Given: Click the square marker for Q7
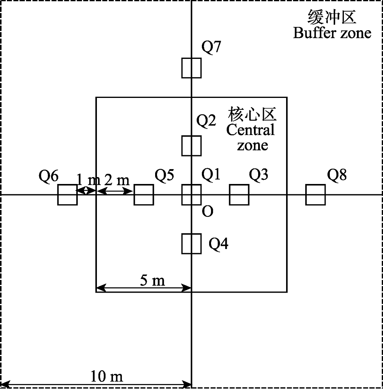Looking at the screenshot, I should pos(191,68).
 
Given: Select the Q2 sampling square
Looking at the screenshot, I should pos(191,146).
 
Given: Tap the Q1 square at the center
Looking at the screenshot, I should pos(191,195).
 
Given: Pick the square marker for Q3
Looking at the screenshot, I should pos(239,195).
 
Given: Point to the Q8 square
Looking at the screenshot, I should pos(316,195).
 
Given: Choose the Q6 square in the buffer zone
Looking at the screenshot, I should pos(67,195).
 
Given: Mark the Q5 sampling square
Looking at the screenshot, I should pos(144,195).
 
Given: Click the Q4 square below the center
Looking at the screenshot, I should pos(191,244).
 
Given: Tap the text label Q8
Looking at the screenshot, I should pos(337,175).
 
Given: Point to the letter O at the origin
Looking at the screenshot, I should pos(207,212).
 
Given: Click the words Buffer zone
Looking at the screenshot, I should pos(332,33).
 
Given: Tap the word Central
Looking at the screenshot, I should pos(250,130).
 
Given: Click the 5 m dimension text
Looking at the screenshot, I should pos(152,281).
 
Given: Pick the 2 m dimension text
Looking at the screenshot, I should pos(117,179).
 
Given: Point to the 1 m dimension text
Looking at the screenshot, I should pos(88,179).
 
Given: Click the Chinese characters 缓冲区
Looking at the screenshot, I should pos(332,17).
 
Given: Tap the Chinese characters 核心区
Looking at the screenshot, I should pos(252,114).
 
